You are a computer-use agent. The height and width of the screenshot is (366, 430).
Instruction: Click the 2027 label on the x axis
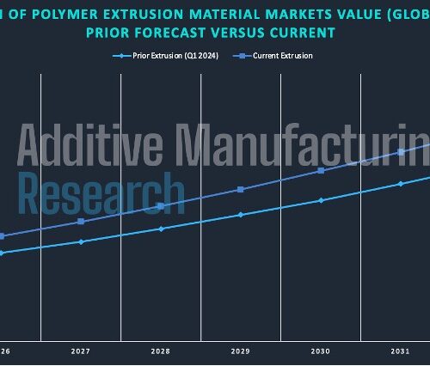click(x=81, y=351)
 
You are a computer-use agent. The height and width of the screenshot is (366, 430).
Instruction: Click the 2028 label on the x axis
click(x=161, y=351)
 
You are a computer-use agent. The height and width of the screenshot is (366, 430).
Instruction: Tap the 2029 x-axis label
click(x=241, y=351)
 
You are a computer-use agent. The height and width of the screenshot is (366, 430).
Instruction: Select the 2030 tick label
click(x=321, y=351)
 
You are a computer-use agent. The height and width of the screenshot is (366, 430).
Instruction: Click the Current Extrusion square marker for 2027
click(x=81, y=222)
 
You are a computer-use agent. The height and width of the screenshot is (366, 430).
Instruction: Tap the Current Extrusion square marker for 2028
click(x=161, y=206)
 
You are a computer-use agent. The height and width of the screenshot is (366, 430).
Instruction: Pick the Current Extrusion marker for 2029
click(x=241, y=189)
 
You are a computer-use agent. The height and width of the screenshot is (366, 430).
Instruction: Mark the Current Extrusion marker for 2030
click(x=321, y=170)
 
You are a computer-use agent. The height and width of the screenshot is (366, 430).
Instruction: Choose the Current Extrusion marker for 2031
click(x=401, y=152)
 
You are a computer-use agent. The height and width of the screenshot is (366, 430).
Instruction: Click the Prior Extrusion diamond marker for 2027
click(x=81, y=241)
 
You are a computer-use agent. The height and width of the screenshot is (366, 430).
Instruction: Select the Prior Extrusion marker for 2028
click(x=161, y=229)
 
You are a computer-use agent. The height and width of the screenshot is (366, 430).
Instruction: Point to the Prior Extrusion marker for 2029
click(x=241, y=215)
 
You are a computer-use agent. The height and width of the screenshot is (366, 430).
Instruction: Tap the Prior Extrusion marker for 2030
click(x=321, y=200)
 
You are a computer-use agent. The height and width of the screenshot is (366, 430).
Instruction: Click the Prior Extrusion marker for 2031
click(x=401, y=184)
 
